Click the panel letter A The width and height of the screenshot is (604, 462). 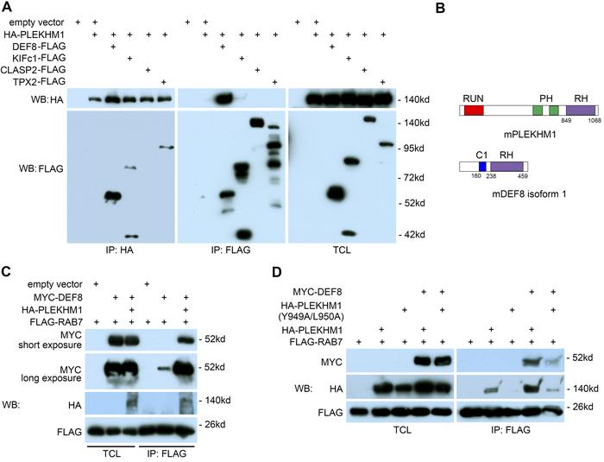click(8, 7)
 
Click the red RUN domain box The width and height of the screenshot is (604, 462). click(474, 111)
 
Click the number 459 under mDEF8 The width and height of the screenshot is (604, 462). click(522, 176)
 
